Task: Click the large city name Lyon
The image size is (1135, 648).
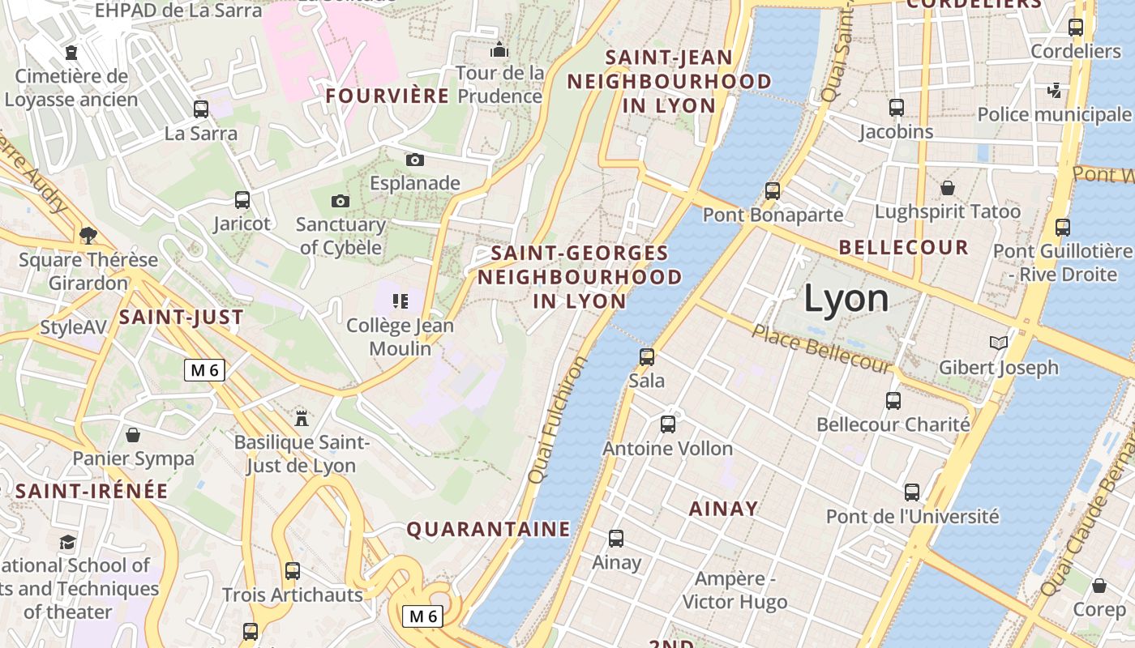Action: click(846, 299)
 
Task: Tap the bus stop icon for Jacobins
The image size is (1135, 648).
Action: click(897, 107)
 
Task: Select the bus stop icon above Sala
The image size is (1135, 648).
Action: click(647, 356)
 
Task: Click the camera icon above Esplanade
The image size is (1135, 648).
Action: click(415, 160)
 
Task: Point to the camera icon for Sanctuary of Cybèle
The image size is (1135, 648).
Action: click(340, 201)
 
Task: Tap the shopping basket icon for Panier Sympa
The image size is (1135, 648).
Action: click(133, 435)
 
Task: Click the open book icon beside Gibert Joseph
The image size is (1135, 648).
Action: click(999, 343)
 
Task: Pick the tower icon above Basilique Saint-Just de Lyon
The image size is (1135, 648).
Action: click(302, 418)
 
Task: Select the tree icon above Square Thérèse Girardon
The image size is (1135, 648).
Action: click(88, 236)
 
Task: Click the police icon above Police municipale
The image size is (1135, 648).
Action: click(1054, 90)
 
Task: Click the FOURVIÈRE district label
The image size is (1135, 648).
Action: click(387, 96)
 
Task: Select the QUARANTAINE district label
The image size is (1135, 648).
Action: click(488, 529)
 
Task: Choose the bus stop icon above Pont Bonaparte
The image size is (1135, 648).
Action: click(773, 191)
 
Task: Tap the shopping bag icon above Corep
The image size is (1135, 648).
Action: click(1099, 585)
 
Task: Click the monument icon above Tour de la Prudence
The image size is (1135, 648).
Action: click(499, 50)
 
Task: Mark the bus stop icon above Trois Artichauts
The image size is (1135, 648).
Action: click(293, 571)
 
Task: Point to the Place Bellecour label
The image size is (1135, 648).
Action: click(821, 348)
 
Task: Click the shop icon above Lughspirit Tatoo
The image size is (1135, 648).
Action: click(948, 188)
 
